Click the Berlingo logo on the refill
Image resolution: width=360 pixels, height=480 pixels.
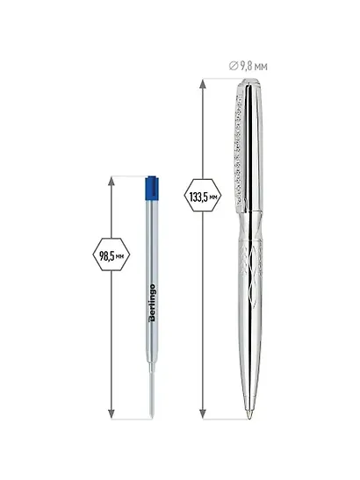152,303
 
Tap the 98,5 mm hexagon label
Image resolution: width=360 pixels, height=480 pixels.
112,254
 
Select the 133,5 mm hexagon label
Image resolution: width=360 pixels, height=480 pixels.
203,196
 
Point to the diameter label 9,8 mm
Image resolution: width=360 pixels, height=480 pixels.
248,66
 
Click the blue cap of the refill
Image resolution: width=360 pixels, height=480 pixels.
152,188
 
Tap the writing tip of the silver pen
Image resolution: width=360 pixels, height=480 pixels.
249,415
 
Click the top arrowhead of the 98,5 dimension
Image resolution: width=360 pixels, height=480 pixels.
112,182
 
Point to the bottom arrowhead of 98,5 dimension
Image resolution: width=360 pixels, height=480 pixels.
112,414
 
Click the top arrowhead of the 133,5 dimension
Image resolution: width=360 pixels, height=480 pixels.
203,83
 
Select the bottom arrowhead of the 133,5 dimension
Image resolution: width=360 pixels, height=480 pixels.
203,414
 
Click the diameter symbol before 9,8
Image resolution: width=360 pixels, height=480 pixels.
234,66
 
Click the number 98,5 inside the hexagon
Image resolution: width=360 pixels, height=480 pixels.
106,255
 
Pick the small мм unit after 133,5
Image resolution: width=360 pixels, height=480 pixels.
213,197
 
